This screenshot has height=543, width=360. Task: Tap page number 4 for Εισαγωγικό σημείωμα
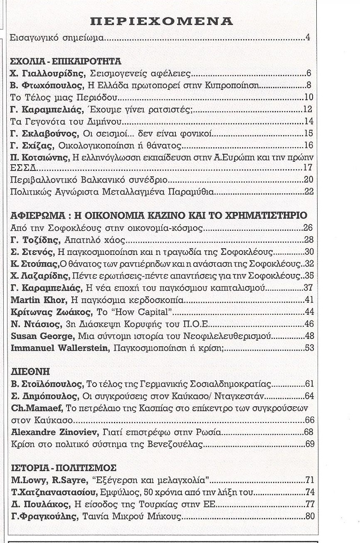point(308,38)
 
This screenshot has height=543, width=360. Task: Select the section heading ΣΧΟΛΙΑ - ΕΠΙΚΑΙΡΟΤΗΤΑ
point(66,62)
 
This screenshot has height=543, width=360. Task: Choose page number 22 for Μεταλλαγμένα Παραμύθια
point(308,192)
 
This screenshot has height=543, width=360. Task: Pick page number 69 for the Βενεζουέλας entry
point(310,444)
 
